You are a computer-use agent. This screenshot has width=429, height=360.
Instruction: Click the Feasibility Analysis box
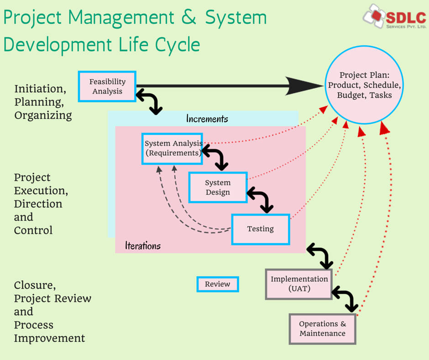click(x=107, y=86)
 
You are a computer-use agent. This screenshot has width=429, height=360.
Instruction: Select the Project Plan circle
click(x=364, y=85)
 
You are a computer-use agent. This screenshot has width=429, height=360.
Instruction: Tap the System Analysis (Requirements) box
click(x=172, y=149)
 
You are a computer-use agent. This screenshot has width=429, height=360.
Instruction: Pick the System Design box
click(x=218, y=187)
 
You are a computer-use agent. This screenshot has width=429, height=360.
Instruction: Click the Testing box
click(x=261, y=229)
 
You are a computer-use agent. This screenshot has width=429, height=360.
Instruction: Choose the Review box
click(x=218, y=284)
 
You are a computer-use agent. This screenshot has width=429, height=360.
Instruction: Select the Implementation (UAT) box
click(x=299, y=284)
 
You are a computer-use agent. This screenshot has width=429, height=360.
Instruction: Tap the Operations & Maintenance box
click(x=323, y=329)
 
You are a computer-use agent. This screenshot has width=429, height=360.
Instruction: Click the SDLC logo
click(x=394, y=16)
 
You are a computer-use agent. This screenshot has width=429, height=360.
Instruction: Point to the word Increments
click(x=207, y=119)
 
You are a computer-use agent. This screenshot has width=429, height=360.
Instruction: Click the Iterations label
click(x=143, y=245)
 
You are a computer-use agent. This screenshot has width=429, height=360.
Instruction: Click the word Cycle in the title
click(x=178, y=45)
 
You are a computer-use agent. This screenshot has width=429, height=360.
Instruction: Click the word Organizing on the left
click(x=43, y=115)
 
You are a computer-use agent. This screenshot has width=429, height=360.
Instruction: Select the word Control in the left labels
click(x=33, y=230)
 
